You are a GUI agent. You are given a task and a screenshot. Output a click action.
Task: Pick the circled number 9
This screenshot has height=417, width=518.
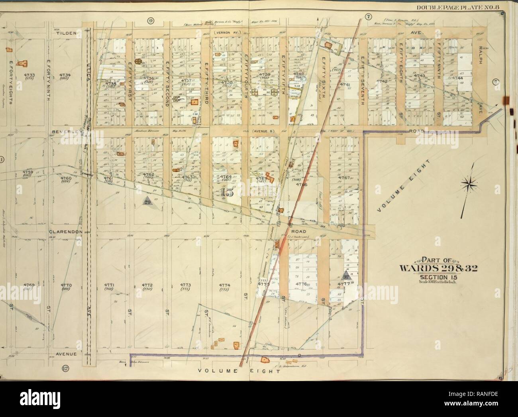tap(151, 21)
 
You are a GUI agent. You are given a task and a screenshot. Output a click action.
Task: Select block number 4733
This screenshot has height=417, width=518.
tap(29, 75)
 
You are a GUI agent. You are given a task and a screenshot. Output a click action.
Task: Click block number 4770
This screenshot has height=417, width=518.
tap(66, 285)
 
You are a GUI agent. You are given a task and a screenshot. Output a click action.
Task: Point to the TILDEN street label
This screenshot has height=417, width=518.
tap(65, 33)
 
